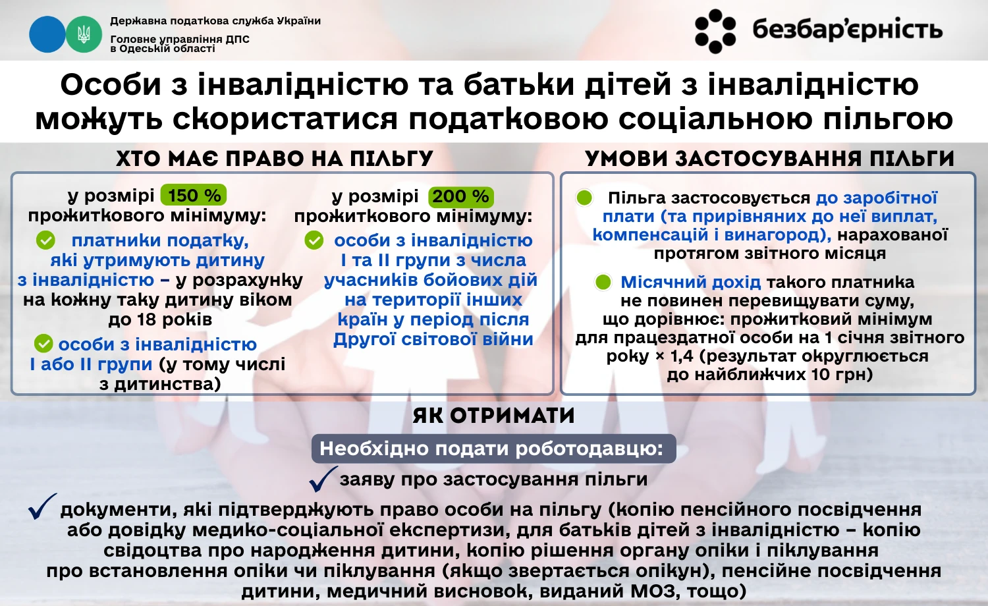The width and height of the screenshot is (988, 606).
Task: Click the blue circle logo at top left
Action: [47, 34]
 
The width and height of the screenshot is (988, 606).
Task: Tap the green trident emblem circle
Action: [84, 34]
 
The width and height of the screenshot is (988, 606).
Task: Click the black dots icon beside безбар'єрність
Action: [715, 31]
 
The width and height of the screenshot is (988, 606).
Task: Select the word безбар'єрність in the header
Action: [847, 30]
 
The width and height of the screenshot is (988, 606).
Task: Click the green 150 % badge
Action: [194, 196]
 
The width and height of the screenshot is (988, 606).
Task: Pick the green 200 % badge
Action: [460, 196]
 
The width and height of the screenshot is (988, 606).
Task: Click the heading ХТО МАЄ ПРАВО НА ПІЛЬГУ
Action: [275, 159]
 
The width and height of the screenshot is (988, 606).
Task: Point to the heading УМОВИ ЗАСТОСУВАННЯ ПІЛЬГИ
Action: [769, 159]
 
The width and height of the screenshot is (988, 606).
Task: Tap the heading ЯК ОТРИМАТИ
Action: [494, 416]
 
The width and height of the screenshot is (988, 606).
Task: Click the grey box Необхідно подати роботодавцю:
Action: [492, 449]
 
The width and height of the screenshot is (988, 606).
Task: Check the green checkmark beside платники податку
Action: [45, 240]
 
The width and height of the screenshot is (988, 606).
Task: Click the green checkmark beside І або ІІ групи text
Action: [43, 343]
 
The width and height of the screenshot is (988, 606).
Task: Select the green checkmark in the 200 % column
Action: [314, 240]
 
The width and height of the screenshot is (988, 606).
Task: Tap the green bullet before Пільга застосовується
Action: [584, 198]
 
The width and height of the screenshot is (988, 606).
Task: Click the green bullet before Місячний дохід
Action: [603, 282]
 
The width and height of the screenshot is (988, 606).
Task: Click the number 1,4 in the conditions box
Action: [682, 356]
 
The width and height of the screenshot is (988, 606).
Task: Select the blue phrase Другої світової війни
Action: [433, 339]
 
